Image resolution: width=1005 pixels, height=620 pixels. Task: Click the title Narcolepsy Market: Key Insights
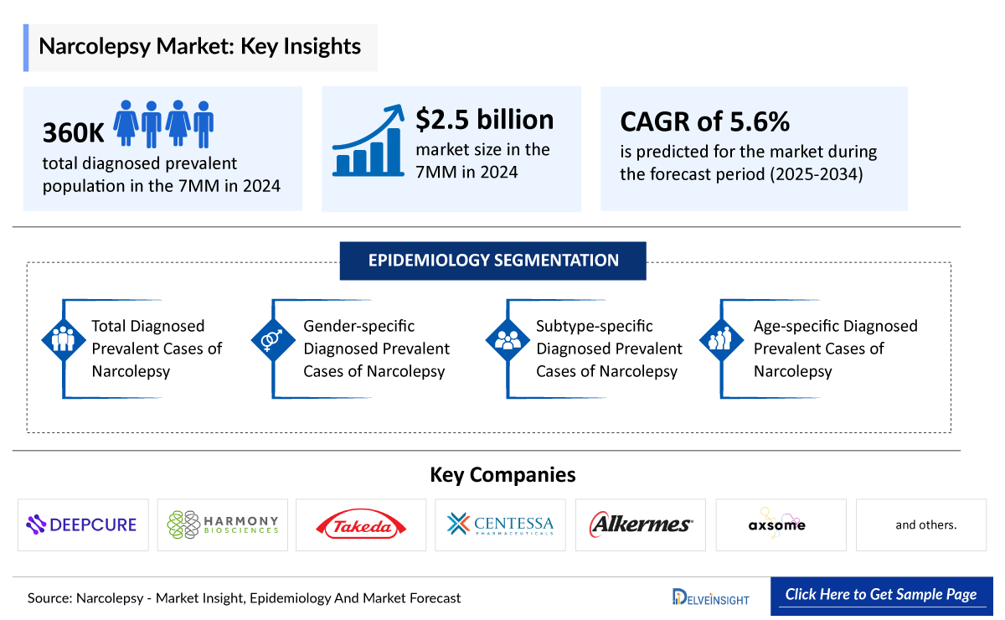pyautogui.click(x=199, y=46)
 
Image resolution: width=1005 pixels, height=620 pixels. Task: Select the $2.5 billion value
pyautogui.click(x=485, y=120)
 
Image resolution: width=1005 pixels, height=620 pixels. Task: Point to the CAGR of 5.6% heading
pyautogui.click(x=704, y=122)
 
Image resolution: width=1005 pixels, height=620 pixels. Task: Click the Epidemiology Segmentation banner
pyautogui.click(x=492, y=261)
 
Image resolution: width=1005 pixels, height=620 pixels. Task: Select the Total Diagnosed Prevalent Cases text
pyautogui.click(x=157, y=349)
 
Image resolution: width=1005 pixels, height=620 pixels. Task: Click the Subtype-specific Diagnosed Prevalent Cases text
pyautogui.click(x=609, y=349)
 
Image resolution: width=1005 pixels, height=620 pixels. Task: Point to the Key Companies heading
pyautogui.click(x=502, y=475)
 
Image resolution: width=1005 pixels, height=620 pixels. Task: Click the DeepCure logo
pyautogui.click(x=82, y=525)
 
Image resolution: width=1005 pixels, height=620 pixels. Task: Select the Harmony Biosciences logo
pyautogui.click(x=222, y=525)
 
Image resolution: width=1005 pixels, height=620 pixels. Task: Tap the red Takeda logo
pyautogui.click(x=361, y=525)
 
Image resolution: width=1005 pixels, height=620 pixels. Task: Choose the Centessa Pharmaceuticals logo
pyautogui.click(x=500, y=525)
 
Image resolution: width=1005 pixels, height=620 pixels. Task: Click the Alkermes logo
pyautogui.click(x=641, y=525)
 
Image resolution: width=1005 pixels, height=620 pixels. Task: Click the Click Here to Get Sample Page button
pyautogui.click(x=880, y=595)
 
